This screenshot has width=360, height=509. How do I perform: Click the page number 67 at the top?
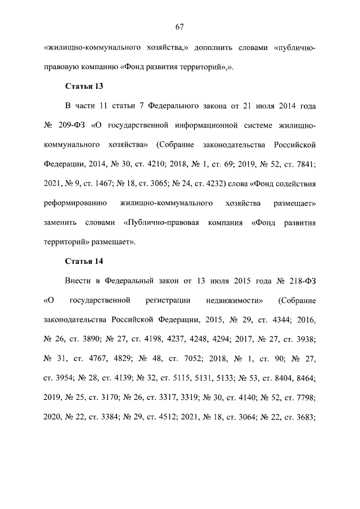(180, 26)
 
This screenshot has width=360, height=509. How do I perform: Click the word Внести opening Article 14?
(79, 280)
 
